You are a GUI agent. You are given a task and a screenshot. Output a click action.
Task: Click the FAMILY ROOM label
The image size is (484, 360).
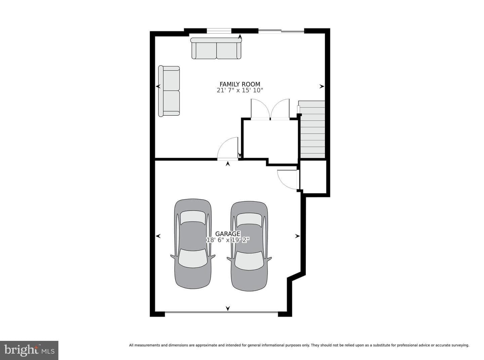click(x=240, y=84)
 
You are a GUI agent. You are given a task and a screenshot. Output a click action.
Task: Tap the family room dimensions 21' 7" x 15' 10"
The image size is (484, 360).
click(x=240, y=90)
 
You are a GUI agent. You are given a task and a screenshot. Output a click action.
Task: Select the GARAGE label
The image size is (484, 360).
click(x=228, y=234)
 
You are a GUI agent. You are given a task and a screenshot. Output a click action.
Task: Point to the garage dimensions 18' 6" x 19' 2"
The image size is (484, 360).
click(x=228, y=240)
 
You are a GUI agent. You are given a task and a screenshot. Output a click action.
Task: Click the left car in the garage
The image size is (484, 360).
click(x=193, y=244)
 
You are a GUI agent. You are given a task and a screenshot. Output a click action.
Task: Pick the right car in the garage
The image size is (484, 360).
click(x=249, y=246)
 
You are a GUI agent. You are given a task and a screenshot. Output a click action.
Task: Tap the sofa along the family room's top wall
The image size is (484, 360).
click(x=216, y=48)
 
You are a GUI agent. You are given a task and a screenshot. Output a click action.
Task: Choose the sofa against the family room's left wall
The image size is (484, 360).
click(x=169, y=91)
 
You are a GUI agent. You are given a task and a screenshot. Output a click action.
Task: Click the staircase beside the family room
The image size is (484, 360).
click(x=312, y=129)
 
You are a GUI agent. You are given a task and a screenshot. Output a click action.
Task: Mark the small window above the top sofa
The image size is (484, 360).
click(x=219, y=31)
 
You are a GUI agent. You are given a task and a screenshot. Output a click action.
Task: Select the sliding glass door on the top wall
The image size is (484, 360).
click(x=281, y=31)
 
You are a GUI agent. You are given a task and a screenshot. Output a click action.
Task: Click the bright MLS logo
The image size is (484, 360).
click(x=29, y=350)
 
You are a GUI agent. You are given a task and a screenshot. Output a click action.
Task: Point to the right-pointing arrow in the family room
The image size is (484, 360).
click(x=322, y=86)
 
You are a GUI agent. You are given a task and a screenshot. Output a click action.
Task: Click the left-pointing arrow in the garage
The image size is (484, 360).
click(x=158, y=236)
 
